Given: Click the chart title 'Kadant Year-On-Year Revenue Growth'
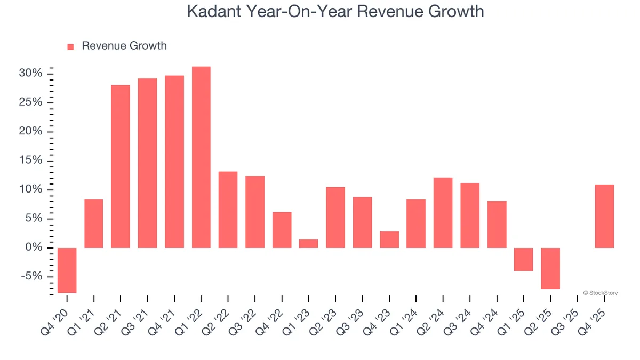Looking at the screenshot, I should tap(335, 12).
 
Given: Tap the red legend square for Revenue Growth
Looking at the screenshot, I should tap(70, 47).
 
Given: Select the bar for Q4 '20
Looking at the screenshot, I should tap(67, 270).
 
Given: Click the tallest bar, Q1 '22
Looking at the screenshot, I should tap(201, 157).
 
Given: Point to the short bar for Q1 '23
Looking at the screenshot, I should tap(308, 244).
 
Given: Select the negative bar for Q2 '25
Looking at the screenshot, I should tap(550, 268).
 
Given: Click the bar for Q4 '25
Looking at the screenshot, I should tap(604, 216).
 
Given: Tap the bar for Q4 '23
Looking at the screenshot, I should tap(389, 239).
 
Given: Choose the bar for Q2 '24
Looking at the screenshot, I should tap(443, 213).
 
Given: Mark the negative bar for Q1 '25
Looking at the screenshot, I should tap(524, 259).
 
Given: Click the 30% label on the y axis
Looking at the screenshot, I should tap(30, 74).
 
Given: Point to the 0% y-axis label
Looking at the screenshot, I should tap(33, 248).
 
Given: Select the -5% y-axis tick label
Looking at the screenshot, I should tap(31, 277).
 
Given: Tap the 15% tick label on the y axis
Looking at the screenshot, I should tap(30, 161).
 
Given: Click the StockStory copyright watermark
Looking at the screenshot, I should tap(600, 293).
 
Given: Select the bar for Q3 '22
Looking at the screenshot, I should tap(255, 212).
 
